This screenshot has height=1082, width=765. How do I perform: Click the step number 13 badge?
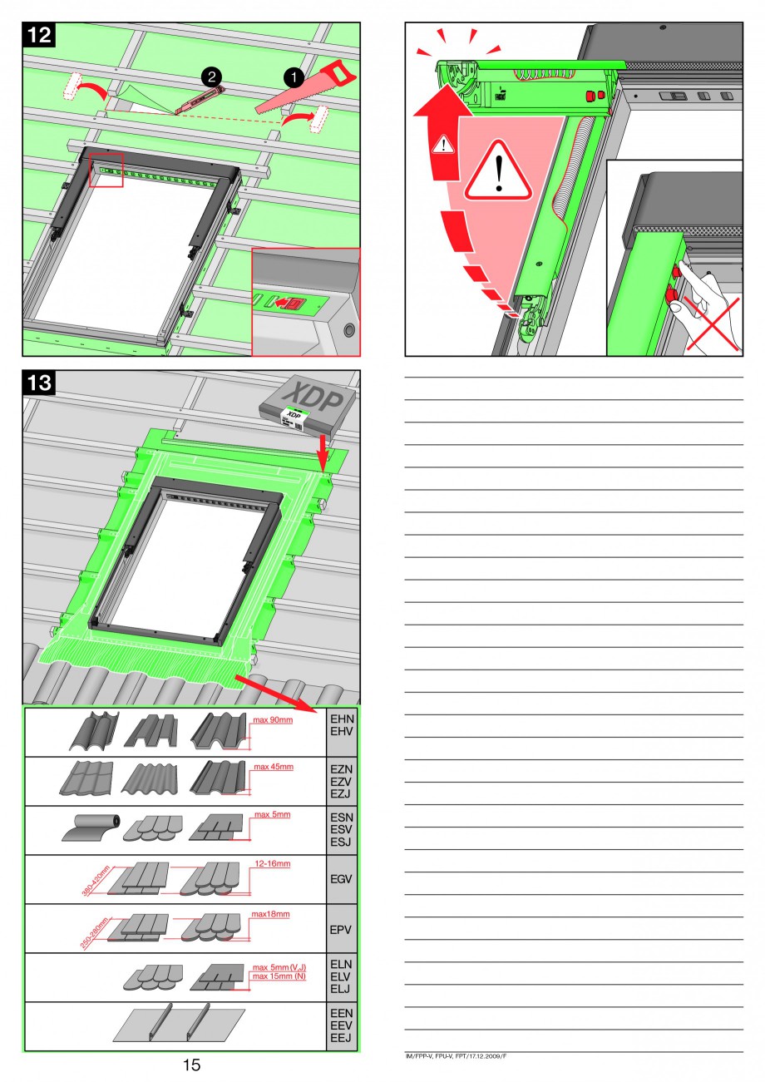click(x=38, y=383)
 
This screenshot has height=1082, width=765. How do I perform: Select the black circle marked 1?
click(x=294, y=76)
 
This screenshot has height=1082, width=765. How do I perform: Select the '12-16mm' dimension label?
click(x=272, y=864)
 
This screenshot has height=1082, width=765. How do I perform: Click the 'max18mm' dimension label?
click(x=270, y=914)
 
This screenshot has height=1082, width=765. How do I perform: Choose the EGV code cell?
click(x=342, y=879)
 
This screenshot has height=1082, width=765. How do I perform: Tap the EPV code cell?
click(x=342, y=928)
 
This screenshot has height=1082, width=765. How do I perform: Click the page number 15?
click(x=191, y=1065)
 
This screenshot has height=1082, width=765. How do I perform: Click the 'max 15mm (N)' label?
click(x=279, y=976)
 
